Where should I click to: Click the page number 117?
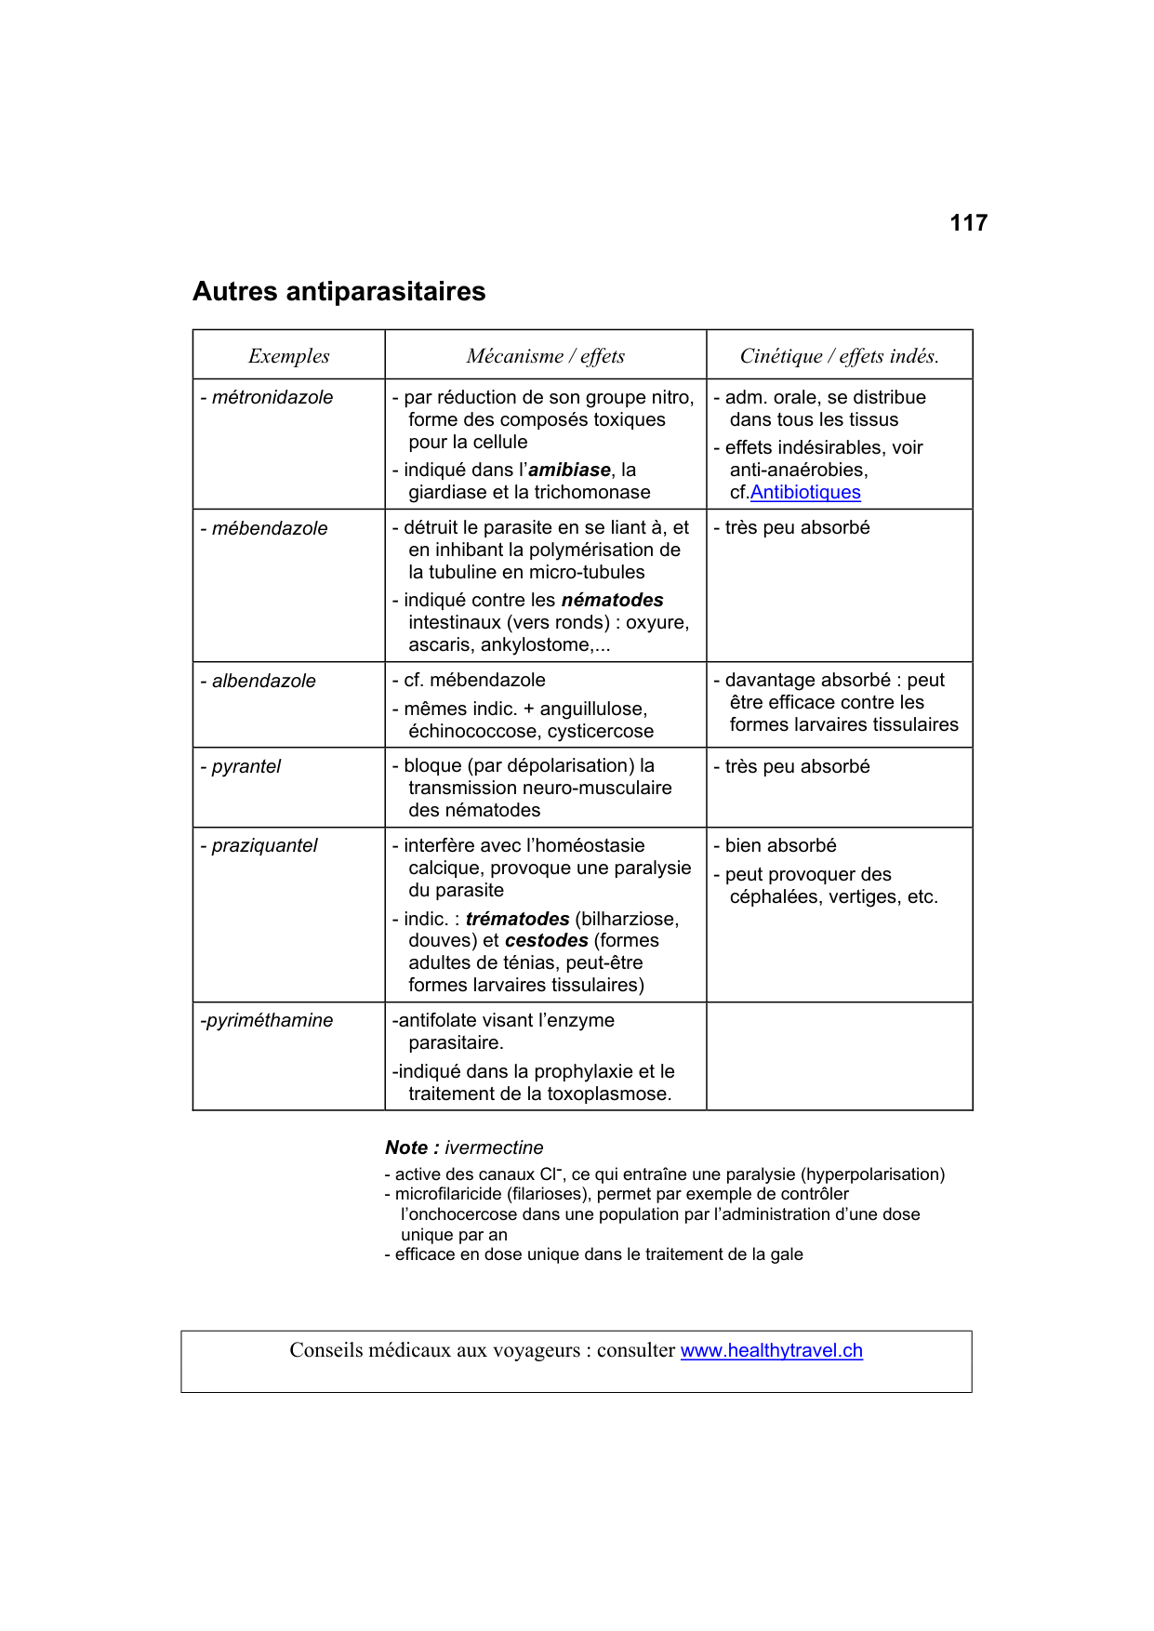pos(968,223)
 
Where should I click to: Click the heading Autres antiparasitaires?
pos(338,292)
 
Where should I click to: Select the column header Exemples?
pos(288,356)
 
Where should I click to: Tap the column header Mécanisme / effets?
pos(545,356)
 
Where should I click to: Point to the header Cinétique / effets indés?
pos(839,356)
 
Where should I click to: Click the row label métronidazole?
pos(272,398)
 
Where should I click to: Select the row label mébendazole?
pos(269,529)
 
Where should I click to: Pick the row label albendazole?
pos(263,682)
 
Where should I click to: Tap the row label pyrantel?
pos(245,767)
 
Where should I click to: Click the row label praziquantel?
pos(264,846)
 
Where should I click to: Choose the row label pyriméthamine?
pos(269,1021)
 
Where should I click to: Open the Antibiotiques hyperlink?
pos(805,493)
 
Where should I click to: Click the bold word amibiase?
pos(569,471)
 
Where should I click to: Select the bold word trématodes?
pos(517,920)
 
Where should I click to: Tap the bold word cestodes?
pos(546,941)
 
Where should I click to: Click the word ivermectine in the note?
pos(494,1148)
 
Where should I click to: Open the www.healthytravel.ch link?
pos(771,1351)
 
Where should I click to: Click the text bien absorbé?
pos(780,846)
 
